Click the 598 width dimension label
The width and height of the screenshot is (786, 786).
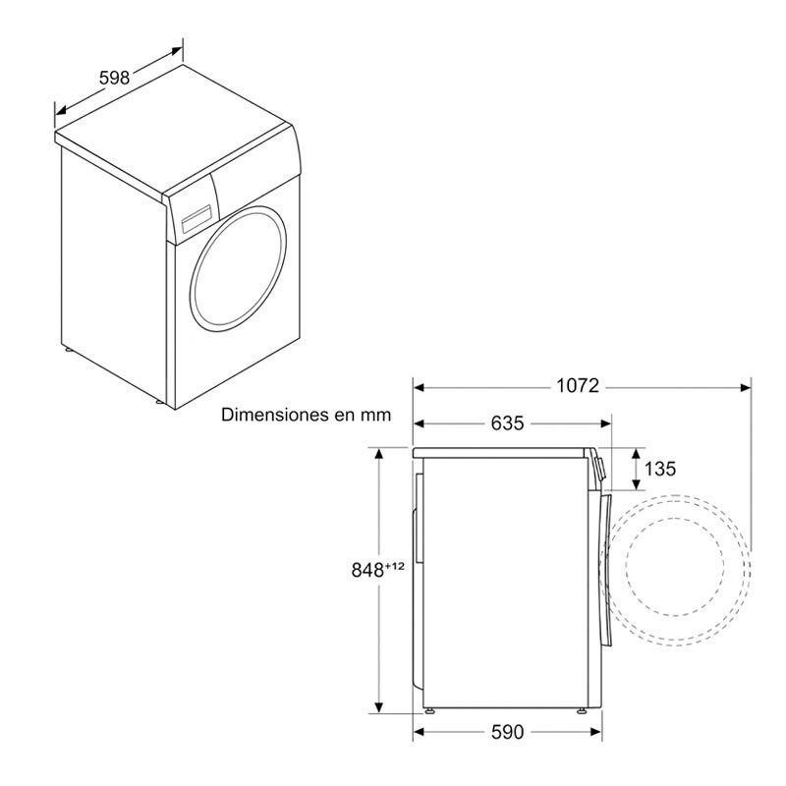(115, 78)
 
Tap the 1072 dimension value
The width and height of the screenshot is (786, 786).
(578, 386)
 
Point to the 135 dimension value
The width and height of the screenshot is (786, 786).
(659, 470)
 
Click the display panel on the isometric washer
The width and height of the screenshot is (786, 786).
(196, 218)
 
